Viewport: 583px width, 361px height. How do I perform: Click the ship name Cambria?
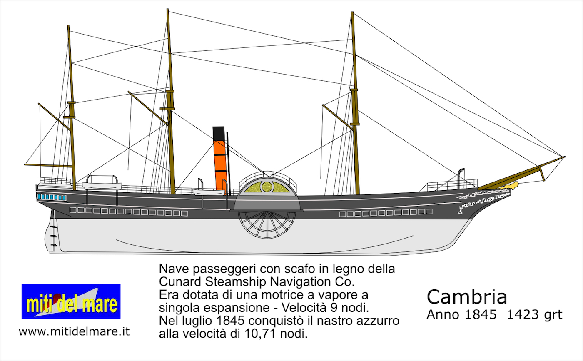pos(467,297)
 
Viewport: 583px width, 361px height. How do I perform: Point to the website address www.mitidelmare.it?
pos(74,332)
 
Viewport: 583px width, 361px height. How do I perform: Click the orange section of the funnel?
pos(220,164)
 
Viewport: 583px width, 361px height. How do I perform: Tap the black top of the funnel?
pos(219,133)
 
